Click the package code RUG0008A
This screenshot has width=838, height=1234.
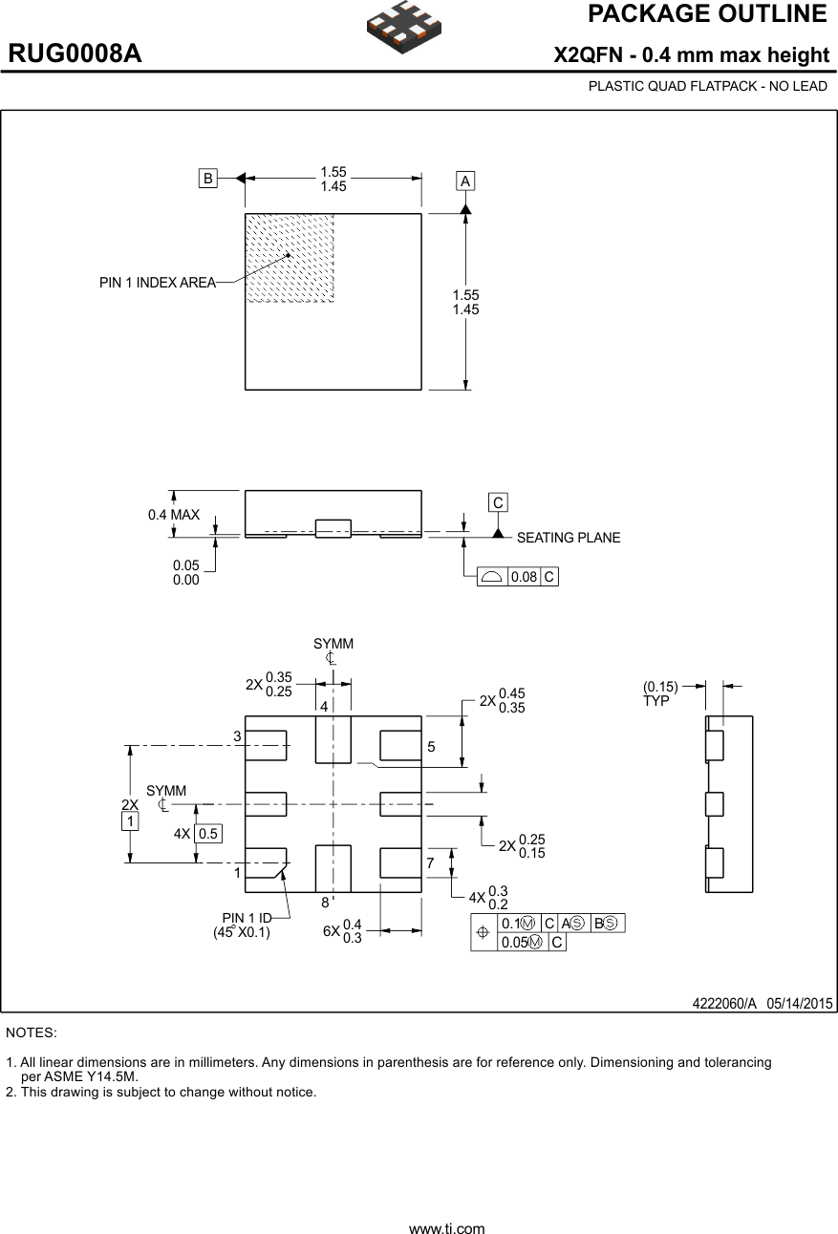click(75, 53)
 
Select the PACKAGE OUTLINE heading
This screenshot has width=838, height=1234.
click(707, 14)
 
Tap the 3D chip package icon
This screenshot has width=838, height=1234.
click(403, 27)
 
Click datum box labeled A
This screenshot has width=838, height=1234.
click(465, 181)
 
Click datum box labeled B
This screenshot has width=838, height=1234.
click(207, 177)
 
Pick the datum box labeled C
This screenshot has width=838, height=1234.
click(498, 502)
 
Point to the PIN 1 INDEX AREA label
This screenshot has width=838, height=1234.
click(157, 283)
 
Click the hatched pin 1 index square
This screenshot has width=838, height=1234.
click(290, 258)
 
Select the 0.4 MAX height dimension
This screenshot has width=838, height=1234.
click(174, 515)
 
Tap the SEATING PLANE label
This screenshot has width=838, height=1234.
click(568, 538)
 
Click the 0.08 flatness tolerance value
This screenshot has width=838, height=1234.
click(524, 577)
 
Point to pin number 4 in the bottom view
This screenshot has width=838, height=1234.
click(324, 707)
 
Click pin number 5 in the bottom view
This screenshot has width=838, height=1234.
click(431, 747)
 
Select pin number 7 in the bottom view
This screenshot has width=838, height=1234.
click(430, 863)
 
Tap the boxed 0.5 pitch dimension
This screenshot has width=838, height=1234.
click(207, 834)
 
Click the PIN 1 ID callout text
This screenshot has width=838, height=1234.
click(247, 919)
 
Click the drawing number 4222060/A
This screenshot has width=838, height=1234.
click(724, 1003)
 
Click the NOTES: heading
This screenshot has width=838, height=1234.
click(32, 1032)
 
